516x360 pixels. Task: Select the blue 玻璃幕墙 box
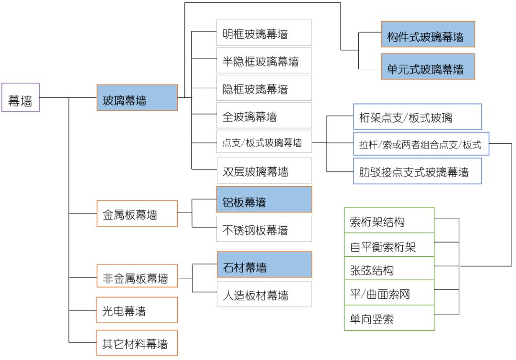[x=137, y=98]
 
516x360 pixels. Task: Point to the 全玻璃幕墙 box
[x=264, y=116]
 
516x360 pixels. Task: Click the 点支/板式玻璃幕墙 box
[x=264, y=142]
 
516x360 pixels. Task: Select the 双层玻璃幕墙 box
[x=264, y=170]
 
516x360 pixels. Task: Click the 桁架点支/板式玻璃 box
[x=417, y=116]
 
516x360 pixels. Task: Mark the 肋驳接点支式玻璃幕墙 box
[x=417, y=171]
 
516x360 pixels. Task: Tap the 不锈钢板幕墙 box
[x=264, y=229]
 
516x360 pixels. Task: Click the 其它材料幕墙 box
[x=137, y=343]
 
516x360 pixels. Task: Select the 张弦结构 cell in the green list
[x=389, y=269]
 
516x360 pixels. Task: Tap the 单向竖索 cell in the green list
[x=389, y=319]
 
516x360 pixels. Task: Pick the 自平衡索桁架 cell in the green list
[x=389, y=245]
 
